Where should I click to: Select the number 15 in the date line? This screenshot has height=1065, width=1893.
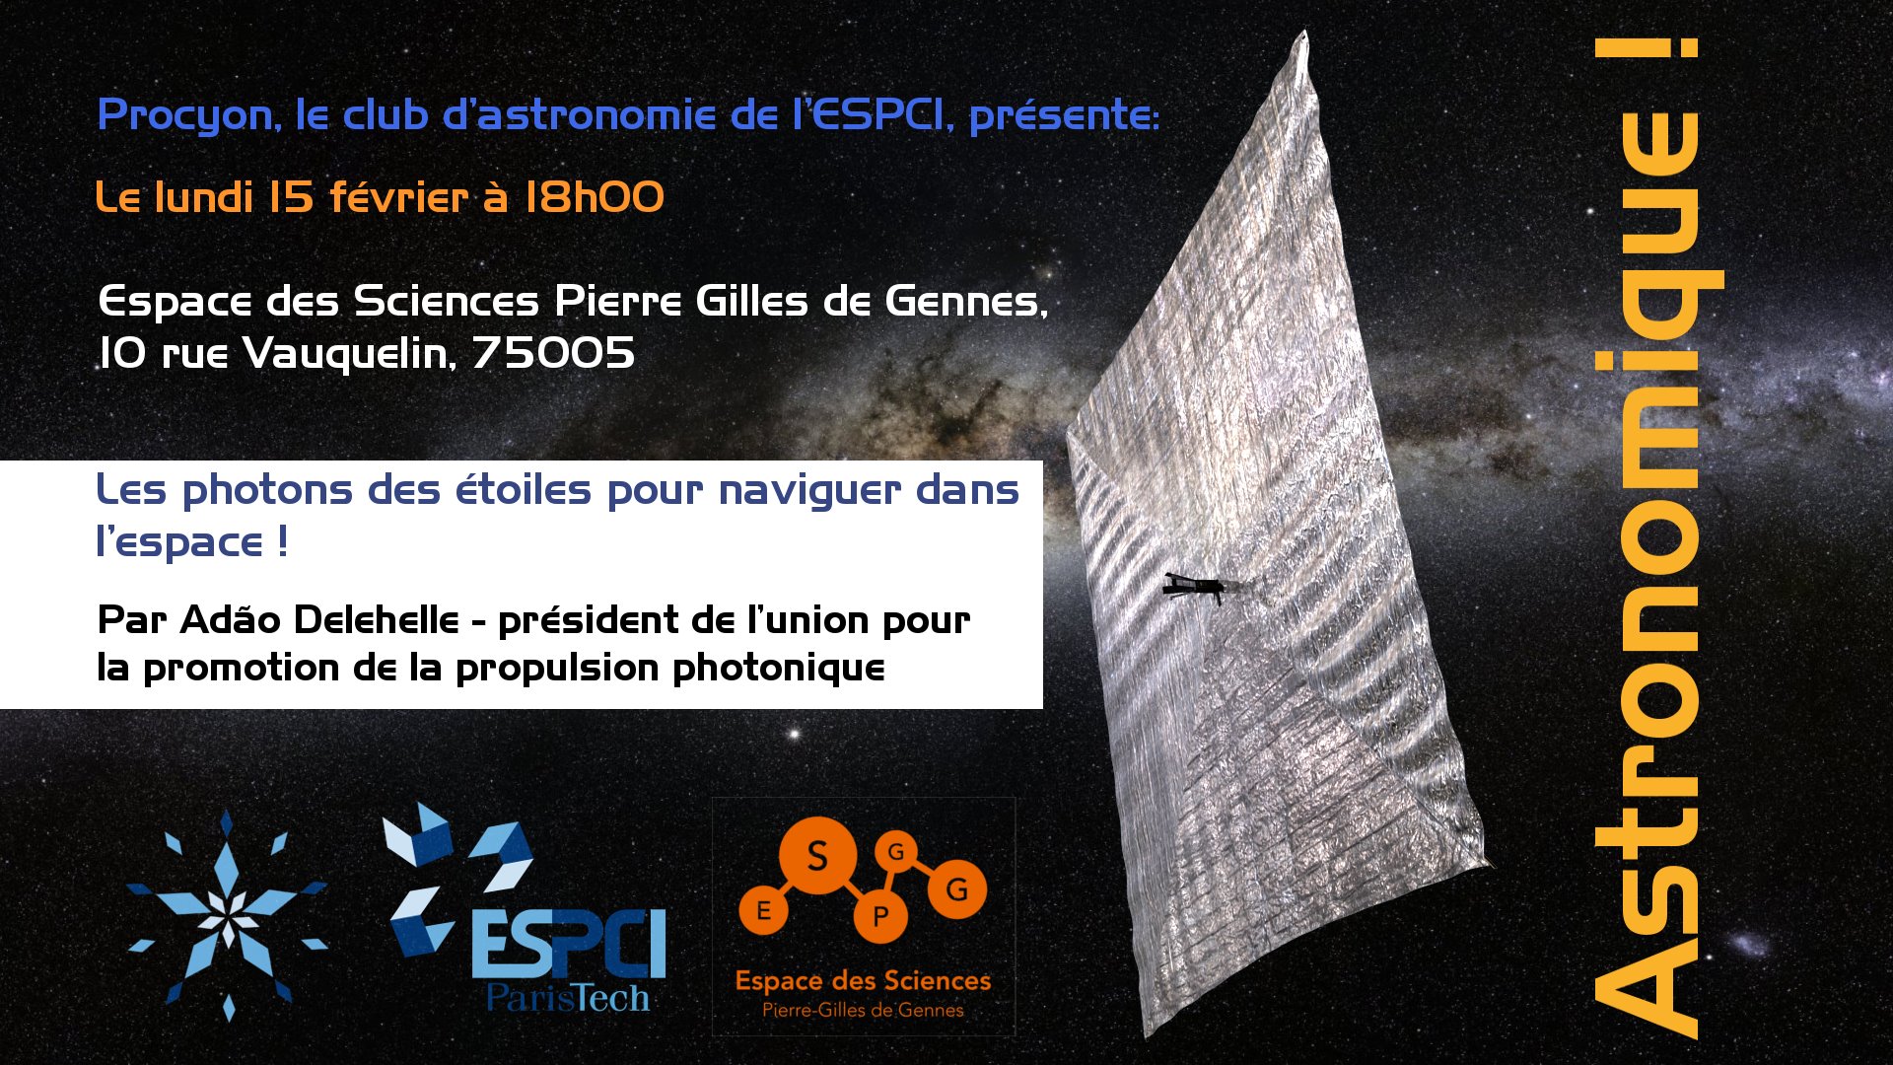tap(292, 197)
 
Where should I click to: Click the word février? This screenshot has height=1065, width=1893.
tap(398, 197)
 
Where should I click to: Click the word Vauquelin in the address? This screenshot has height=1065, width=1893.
tap(349, 353)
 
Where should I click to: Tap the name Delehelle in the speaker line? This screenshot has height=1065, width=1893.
tap(377, 620)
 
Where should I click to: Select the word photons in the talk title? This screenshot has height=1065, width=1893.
tap(267, 490)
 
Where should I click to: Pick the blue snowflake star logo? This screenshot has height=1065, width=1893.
tap(228, 916)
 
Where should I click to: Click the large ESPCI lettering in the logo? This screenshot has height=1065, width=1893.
tap(569, 943)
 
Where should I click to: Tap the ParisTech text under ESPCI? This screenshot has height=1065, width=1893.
tap(569, 998)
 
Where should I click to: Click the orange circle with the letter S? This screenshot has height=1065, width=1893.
tap(817, 856)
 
